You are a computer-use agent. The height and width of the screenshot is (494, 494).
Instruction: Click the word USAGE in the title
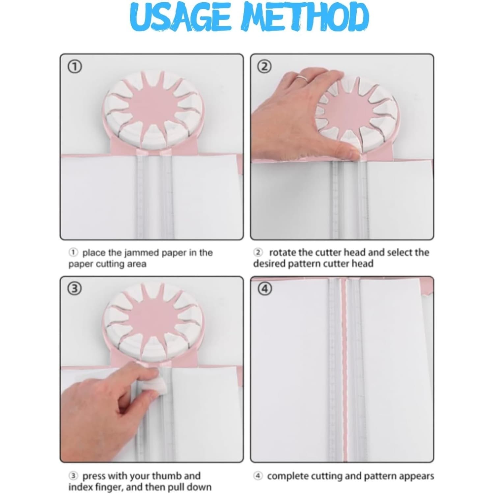pos(182,17)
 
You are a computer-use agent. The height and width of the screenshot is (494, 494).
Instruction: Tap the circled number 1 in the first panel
pos(75,67)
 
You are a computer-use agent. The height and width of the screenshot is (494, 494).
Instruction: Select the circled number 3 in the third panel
pos(75,289)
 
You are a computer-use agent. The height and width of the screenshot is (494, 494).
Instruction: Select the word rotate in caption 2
pos(283,253)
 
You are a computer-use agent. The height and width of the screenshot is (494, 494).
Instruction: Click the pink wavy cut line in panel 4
pos(345,369)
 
